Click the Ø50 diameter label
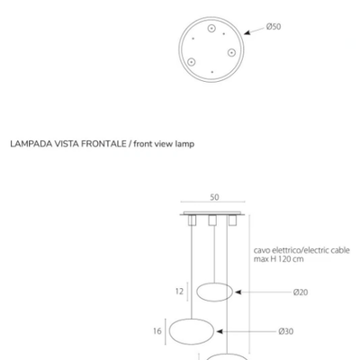tap(274, 27)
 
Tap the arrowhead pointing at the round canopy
tap(247, 32)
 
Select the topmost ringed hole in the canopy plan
tap(211, 29)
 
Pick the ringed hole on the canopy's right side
tap(231, 52)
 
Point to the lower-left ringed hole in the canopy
tap(191, 62)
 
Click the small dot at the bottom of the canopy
tap(212, 72)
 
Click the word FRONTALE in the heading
tap(103, 144)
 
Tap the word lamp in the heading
tap(184, 144)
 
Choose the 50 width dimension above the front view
tap(214, 197)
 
